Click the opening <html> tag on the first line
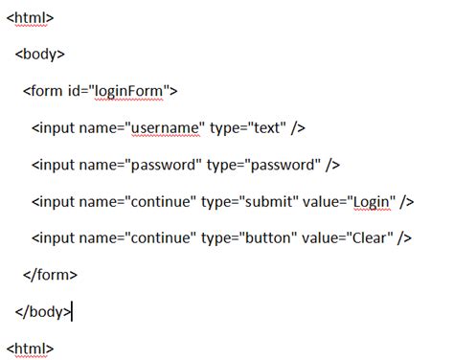(29, 18)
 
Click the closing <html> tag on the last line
(30, 347)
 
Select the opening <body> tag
(39, 55)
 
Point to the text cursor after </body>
(71, 310)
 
